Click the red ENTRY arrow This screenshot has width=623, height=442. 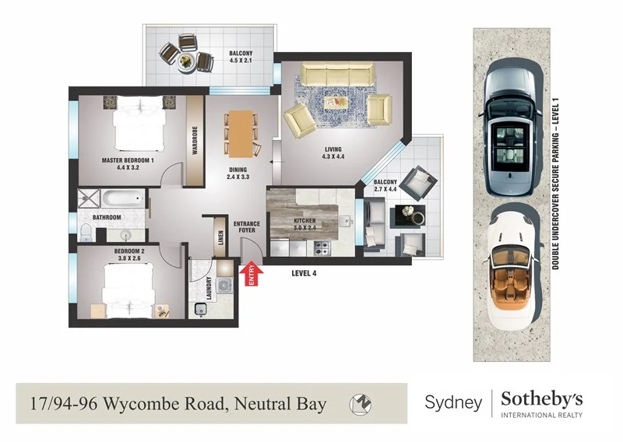click(x=251, y=275)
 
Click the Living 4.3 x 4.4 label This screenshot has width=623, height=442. click(x=333, y=154)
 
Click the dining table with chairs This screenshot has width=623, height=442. click(x=239, y=133)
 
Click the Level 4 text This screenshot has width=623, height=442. click(x=304, y=273)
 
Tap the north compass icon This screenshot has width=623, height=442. click(x=361, y=404)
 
